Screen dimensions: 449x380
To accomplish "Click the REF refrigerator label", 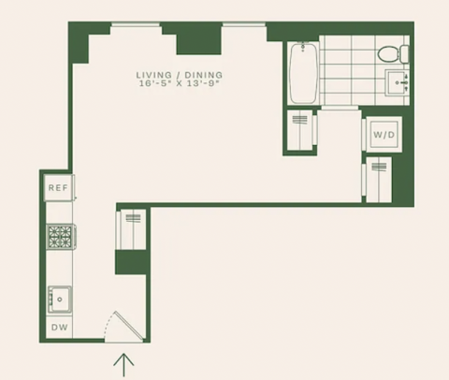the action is tap(58, 188).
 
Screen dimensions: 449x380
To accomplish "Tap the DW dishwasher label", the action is tap(59, 328).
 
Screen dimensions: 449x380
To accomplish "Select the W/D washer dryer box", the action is tap(384, 134).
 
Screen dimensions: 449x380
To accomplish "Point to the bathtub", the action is tap(303, 73).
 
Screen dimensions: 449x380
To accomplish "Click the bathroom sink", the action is tap(397, 82).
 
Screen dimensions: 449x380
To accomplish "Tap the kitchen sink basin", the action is tap(60, 300).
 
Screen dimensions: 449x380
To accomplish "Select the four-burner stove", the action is tap(61, 237).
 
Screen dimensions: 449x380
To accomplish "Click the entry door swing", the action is tap(123, 327).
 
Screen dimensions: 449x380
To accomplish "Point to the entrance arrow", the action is tap(123, 364).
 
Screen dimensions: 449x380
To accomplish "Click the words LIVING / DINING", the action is tap(180, 75).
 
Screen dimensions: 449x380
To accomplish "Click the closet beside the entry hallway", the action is tap(131, 229).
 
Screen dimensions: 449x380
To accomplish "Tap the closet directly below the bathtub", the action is tap(301, 130).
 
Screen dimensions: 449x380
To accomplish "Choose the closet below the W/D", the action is tap(377, 180).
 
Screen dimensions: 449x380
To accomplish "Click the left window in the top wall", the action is tap(136, 24).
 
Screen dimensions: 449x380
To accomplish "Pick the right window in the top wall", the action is tap(244, 24).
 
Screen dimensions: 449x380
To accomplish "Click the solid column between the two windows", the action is tap(198, 42).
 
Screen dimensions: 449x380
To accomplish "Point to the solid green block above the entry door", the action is tap(131, 262).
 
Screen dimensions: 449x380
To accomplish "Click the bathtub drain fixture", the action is tap(303, 47).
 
